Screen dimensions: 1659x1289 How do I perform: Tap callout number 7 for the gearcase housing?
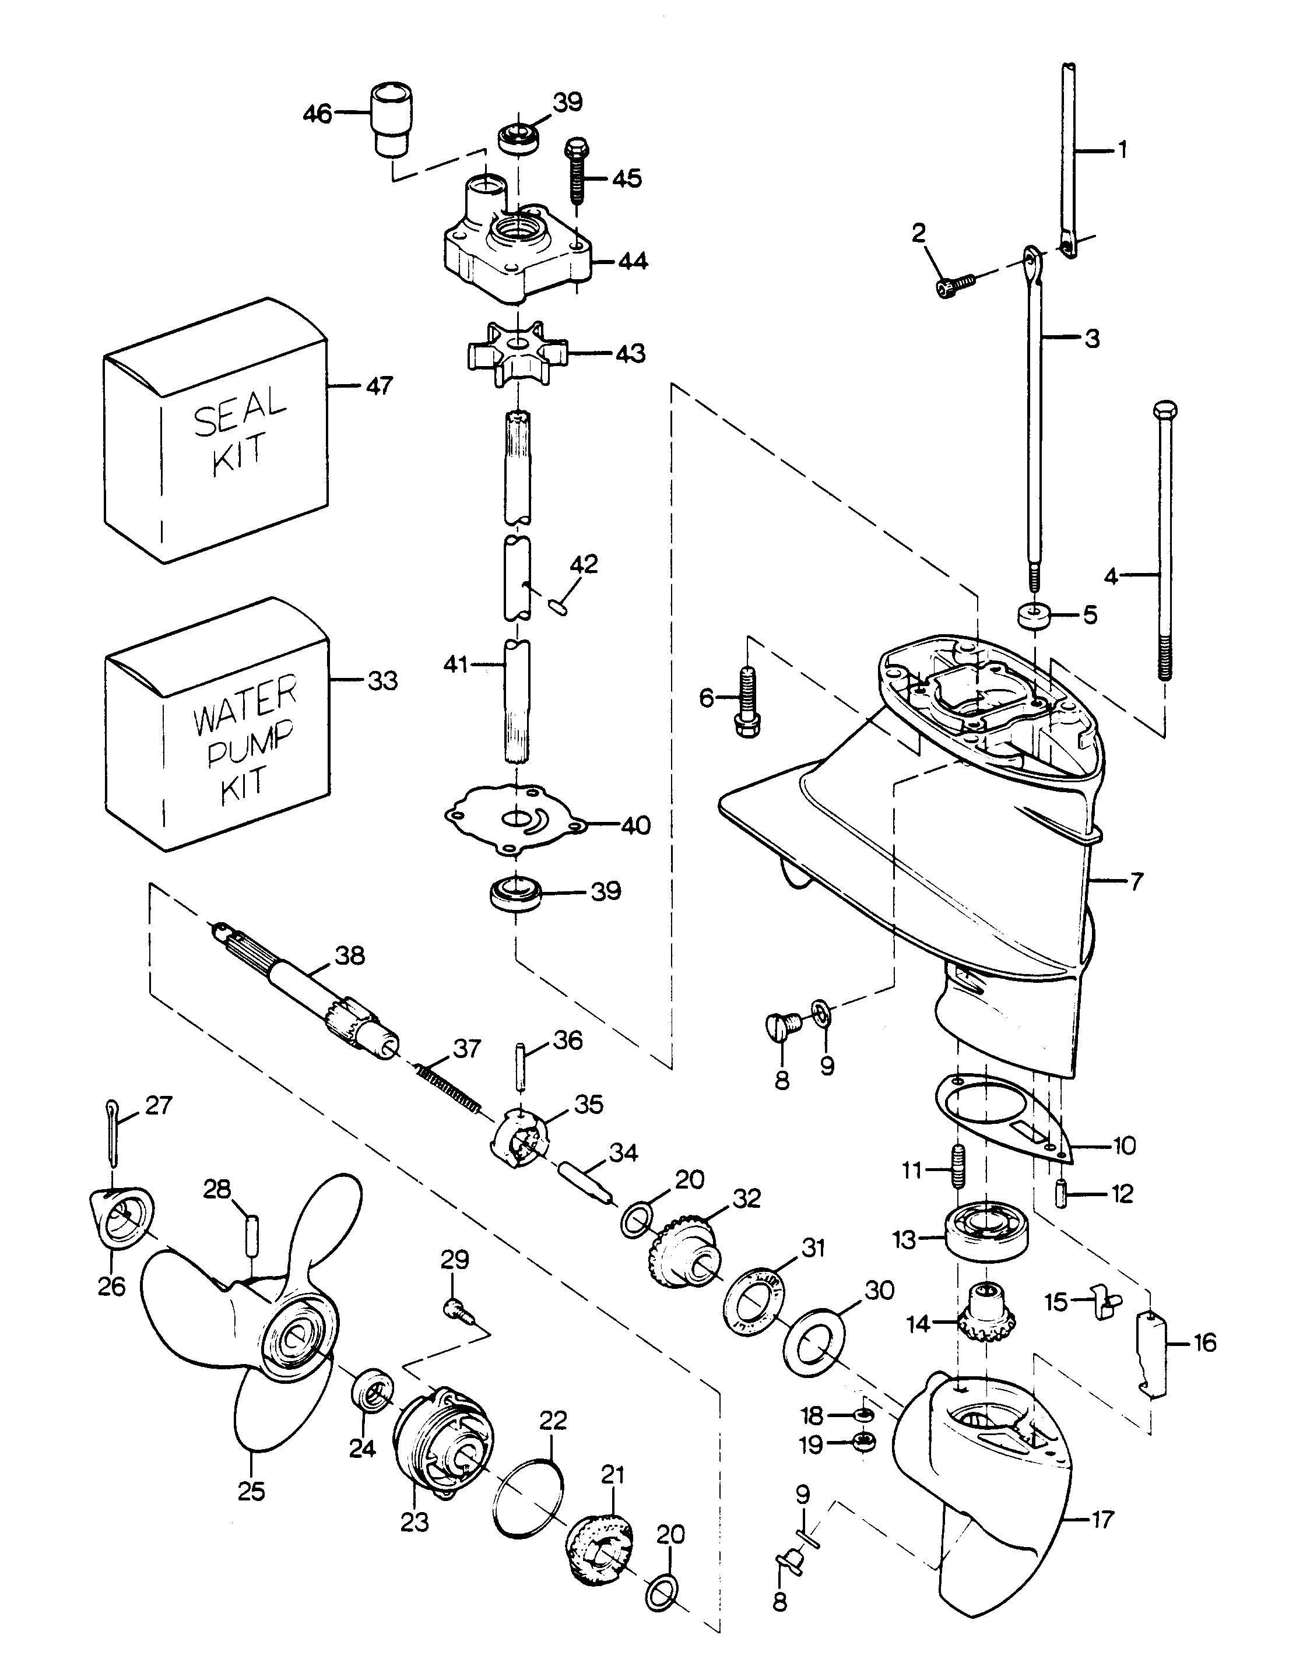pyautogui.click(x=1136, y=881)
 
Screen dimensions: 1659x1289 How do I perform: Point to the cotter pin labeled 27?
pyautogui.click(x=112, y=1132)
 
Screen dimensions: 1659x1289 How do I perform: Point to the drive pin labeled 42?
pyautogui.click(x=561, y=607)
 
